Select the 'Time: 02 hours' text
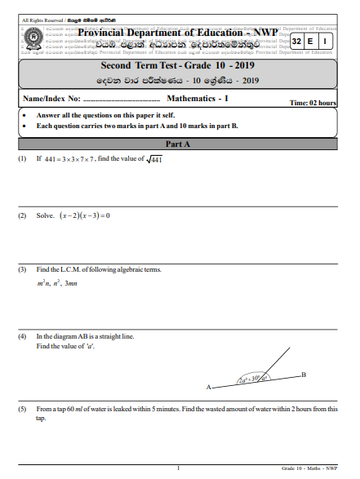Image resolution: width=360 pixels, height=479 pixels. [313, 103]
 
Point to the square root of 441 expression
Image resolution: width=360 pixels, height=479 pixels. [153, 159]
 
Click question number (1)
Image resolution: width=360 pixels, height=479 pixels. [22, 159]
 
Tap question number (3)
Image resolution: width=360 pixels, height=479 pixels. [22, 269]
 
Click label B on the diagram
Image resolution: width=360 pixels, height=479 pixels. [304, 374]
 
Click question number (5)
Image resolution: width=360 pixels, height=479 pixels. [22, 408]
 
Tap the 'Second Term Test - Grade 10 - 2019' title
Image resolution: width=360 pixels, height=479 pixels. [179, 64]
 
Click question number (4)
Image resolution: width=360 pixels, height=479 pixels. [22, 336]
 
